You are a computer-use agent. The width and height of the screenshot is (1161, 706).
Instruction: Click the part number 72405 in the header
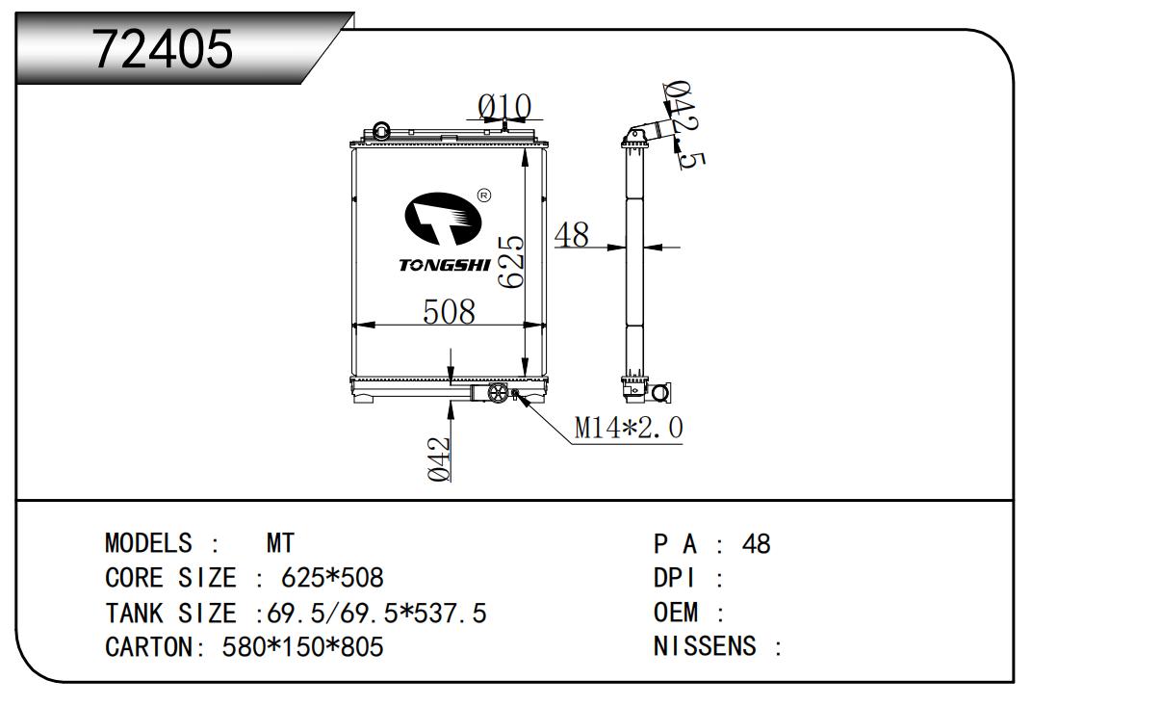[163, 49]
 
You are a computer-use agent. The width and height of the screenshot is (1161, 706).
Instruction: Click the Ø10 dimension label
[504, 106]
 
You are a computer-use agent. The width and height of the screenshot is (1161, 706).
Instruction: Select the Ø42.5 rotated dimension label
[680, 125]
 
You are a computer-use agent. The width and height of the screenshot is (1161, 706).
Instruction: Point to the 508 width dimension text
[450, 311]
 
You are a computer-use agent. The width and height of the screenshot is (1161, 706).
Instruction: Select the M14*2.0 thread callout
[629, 429]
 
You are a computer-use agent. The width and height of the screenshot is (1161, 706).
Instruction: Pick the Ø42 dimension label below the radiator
[439, 458]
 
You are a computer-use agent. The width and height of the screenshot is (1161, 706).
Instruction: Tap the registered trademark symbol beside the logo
[484, 196]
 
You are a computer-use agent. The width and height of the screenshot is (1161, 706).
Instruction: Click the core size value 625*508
[332, 578]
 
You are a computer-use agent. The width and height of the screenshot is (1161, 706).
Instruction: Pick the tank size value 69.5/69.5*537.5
[378, 613]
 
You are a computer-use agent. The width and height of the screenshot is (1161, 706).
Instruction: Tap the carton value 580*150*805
[302, 646]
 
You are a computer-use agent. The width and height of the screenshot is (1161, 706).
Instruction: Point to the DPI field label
[678, 578]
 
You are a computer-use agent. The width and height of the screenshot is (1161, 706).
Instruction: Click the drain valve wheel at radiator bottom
[498, 396]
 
